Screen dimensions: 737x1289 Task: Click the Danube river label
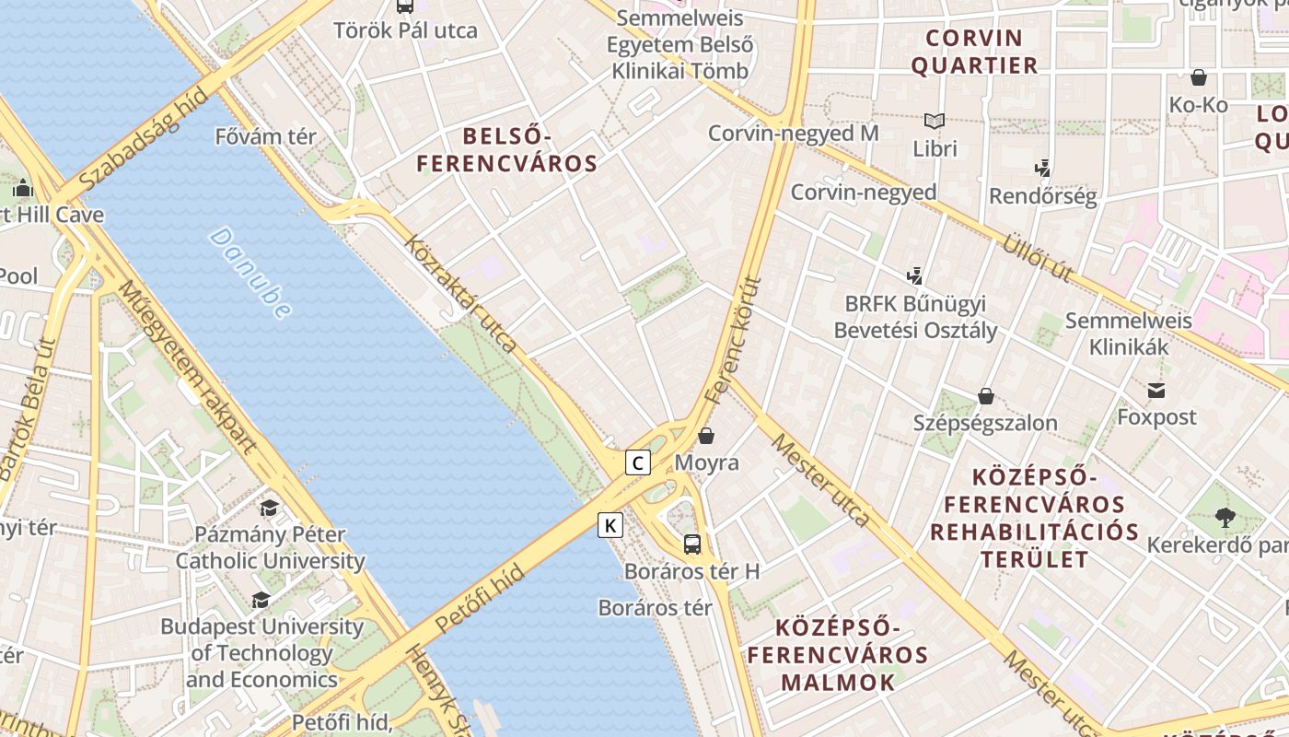pyautogui.click(x=250, y=274)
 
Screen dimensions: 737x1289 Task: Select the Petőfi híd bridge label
pyautogui.click(x=480, y=599)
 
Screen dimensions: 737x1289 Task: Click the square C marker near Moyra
pyautogui.click(x=638, y=462)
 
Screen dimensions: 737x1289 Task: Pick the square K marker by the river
pyautogui.click(x=610, y=525)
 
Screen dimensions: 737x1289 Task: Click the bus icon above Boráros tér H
pyautogui.click(x=692, y=544)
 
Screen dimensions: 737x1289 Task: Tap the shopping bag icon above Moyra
pyautogui.click(x=706, y=435)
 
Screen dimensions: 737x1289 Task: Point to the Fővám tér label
pyautogui.click(x=265, y=137)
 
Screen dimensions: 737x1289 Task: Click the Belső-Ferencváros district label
pyautogui.click(x=507, y=150)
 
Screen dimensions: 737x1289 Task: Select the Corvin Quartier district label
pyautogui.click(x=974, y=52)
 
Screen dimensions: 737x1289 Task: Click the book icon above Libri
pyautogui.click(x=935, y=121)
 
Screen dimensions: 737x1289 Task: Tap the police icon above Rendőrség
pyautogui.click(x=1042, y=169)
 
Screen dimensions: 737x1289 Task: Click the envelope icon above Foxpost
pyautogui.click(x=1156, y=391)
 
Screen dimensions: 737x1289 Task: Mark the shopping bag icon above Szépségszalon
pyautogui.click(x=986, y=396)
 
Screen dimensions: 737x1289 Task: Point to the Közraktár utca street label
pyautogui.click(x=460, y=294)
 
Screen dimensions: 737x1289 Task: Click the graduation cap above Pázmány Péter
pyautogui.click(x=269, y=508)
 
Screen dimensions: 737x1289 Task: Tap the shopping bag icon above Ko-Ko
pyautogui.click(x=1199, y=77)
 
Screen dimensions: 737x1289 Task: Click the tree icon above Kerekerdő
pyautogui.click(x=1225, y=518)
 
